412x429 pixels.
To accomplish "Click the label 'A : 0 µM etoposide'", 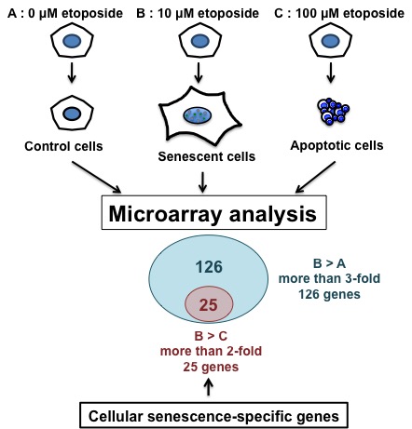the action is (x=65, y=14).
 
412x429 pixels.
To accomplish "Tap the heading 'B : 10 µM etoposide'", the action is (x=198, y=14).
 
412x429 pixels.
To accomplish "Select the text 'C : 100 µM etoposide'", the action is (x=339, y=14).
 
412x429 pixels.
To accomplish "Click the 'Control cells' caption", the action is (x=63, y=146).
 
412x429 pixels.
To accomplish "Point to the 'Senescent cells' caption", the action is (x=207, y=156).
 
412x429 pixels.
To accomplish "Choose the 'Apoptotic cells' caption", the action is (x=336, y=145).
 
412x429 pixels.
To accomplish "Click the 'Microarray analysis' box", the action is (x=213, y=213).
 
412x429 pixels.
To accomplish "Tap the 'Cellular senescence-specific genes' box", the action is (x=213, y=416).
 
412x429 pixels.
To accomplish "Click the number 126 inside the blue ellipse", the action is (x=209, y=267).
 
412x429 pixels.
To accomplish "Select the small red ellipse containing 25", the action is (x=209, y=304).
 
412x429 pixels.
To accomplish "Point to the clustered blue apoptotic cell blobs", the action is (x=333, y=111).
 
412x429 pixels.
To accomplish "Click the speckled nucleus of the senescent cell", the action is (x=198, y=115).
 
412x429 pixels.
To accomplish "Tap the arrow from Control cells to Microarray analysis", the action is (x=97, y=177).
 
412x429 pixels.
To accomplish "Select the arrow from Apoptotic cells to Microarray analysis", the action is (x=315, y=177).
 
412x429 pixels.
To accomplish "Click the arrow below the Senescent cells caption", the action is (x=202, y=182).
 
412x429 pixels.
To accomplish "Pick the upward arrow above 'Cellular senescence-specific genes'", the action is (x=209, y=388).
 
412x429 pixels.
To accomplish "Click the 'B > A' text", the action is (x=329, y=263).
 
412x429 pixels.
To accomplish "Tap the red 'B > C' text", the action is (x=211, y=336).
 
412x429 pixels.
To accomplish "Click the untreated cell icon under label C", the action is (x=331, y=41).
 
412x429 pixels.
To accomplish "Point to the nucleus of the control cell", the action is (x=72, y=114).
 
